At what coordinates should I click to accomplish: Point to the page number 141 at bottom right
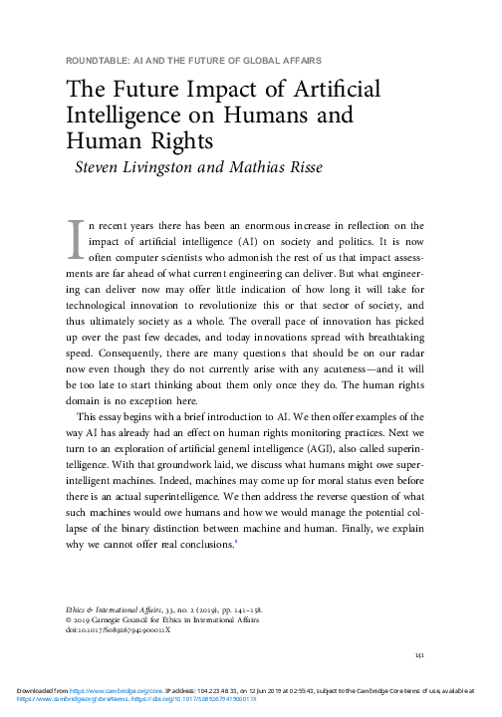(x=419, y=682)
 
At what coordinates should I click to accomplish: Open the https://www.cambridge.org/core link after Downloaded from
(x=99, y=701)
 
